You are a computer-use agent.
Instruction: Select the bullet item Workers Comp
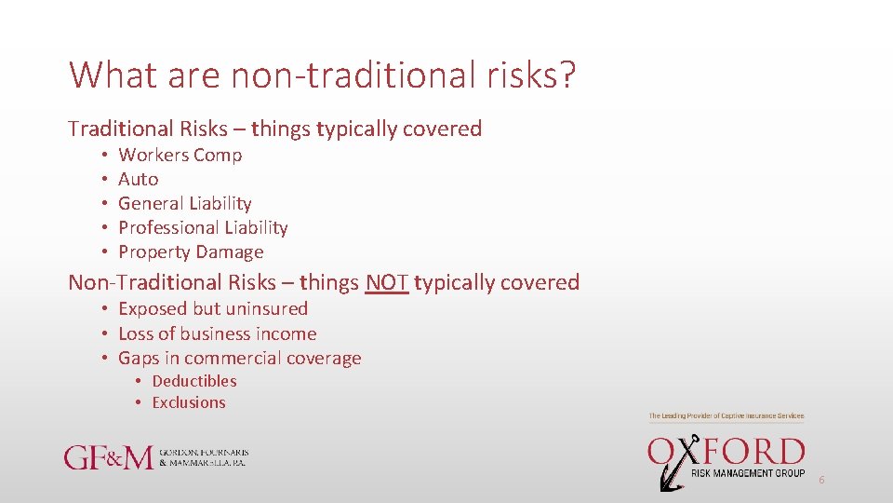coord(180,156)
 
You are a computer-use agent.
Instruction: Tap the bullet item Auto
coord(139,180)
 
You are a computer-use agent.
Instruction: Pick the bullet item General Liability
coord(185,204)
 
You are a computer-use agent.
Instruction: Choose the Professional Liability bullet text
coord(203,228)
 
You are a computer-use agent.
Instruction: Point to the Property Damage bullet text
coord(191,252)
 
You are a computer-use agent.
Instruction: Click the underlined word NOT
coord(387,282)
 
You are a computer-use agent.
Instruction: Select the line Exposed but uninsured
coord(213,309)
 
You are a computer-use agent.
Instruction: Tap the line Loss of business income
coord(217,334)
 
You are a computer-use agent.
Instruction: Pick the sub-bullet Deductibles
coord(194,381)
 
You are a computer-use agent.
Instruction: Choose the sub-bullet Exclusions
coord(189,403)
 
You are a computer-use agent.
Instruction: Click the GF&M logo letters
coord(107,457)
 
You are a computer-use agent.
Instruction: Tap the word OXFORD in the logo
coord(726,453)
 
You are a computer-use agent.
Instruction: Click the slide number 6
coord(821,480)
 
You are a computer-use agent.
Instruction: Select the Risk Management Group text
coord(748,474)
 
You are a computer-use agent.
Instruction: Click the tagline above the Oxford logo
coord(726,415)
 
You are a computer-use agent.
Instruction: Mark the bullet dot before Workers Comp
coord(107,156)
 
